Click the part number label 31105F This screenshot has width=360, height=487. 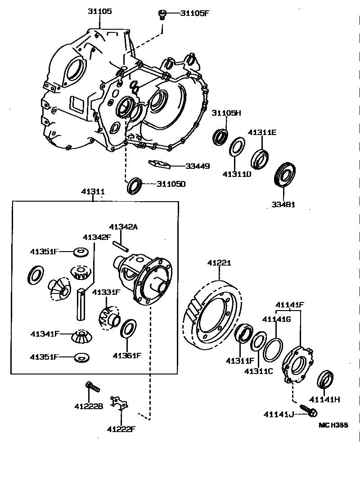click(x=195, y=13)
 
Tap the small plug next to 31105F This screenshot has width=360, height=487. click(x=161, y=14)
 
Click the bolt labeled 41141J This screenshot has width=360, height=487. click(x=310, y=411)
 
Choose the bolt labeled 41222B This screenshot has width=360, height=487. click(x=92, y=387)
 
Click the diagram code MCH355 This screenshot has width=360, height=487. click(x=333, y=424)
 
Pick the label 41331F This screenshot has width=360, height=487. click(x=107, y=292)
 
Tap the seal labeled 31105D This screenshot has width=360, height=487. click(x=135, y=185)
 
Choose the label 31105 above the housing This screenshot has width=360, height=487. click(x=100, y=11)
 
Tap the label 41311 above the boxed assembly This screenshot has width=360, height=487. click(x=93, y=192)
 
